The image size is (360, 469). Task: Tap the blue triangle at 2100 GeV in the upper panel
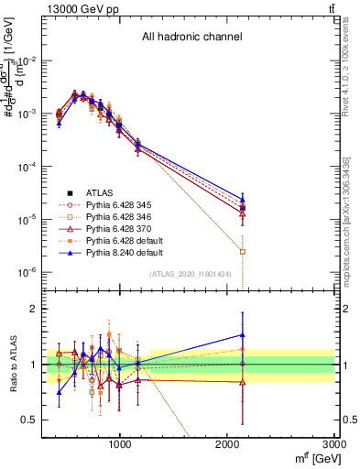[243, 199]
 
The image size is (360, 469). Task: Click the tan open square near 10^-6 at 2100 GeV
[243, 251]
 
